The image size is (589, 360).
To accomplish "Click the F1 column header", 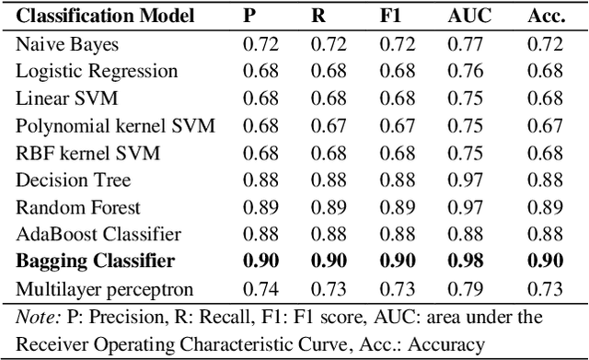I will (x=390, y=16).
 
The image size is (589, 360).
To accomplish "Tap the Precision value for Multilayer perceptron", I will (x=260, y=289).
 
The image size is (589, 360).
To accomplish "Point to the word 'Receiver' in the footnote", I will (x=52, y=344).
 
